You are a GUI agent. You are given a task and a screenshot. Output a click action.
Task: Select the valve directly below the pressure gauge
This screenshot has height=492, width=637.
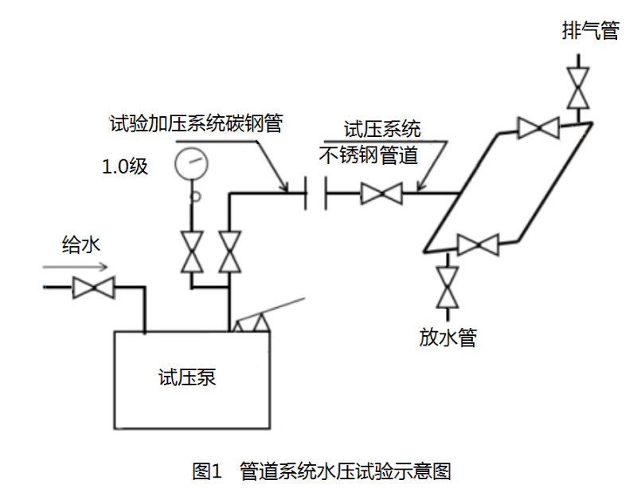191,252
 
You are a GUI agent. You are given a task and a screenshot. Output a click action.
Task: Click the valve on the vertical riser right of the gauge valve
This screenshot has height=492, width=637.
231,252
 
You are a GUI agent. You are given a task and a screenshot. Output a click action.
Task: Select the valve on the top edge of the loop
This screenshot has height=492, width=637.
537,127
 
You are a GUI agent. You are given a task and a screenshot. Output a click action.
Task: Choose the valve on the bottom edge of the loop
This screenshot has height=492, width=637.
478,244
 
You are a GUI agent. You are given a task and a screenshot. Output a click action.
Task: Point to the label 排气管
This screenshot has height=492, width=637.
590,32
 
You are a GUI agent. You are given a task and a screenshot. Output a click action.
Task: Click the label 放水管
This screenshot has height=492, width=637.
447,338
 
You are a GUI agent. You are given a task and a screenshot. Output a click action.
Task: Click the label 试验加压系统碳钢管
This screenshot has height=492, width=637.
196,123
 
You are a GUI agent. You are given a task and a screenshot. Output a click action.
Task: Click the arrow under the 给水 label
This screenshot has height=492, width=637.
72,267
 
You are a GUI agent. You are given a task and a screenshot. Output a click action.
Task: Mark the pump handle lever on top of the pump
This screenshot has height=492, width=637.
267,310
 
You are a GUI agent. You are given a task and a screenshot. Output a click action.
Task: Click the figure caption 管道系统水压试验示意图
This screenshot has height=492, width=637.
346,471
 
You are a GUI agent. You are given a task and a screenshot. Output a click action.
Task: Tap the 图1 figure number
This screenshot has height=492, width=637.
206,471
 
